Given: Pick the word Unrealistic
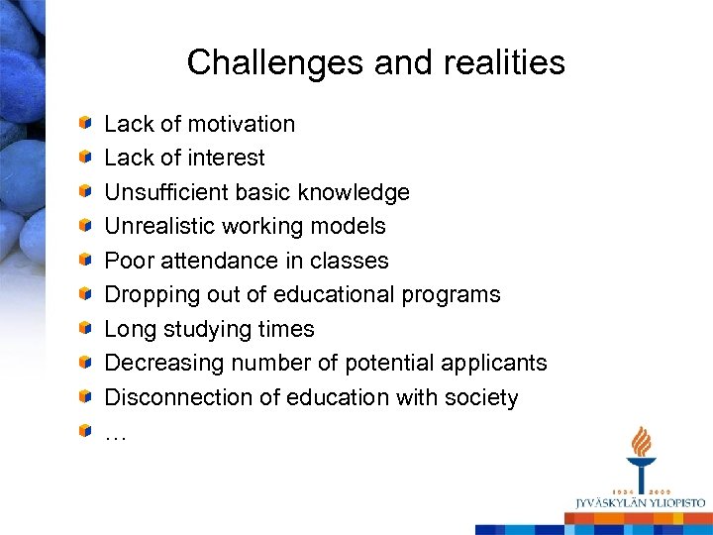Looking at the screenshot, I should click(x=159, y=226).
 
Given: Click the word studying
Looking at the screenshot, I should click(x=209, y=329).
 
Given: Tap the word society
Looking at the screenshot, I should click(x=480, y=397).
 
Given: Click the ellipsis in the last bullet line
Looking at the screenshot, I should click(x=115, y=433).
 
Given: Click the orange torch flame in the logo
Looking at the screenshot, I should click(x=642, y=442).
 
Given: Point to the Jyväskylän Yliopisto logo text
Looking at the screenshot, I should click(x=642, y=503).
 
